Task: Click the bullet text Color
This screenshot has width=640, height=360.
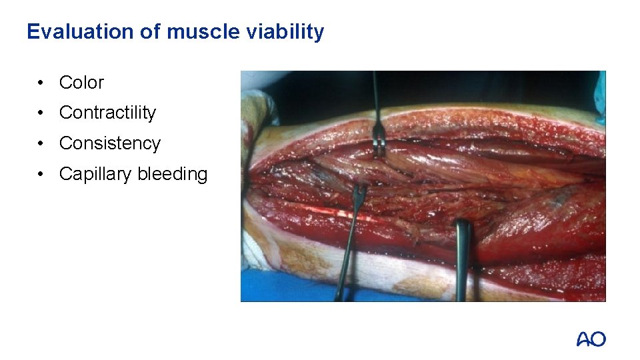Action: pyautogui.click(x=81, y=83)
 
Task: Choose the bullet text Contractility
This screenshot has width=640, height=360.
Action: pyautogui.click(x=107, y=113)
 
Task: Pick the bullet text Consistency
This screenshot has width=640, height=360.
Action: pyautogui.click(x=109, y=143)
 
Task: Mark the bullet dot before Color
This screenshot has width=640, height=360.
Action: pyautogui.click(x=41, y=83)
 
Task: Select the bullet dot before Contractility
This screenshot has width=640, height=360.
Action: pyautogui.click(x=41, y=113)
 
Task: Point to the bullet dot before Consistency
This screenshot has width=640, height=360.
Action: pyautogui.click(x=41, y=144)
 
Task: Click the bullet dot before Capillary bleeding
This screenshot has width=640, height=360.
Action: pyautogui.click(x=41, y=175)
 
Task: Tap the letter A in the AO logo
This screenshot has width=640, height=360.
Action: pyautogui.click(x=584, y=339)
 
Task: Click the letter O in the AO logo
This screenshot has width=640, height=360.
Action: pyautogui.click(x=598, y=339)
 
